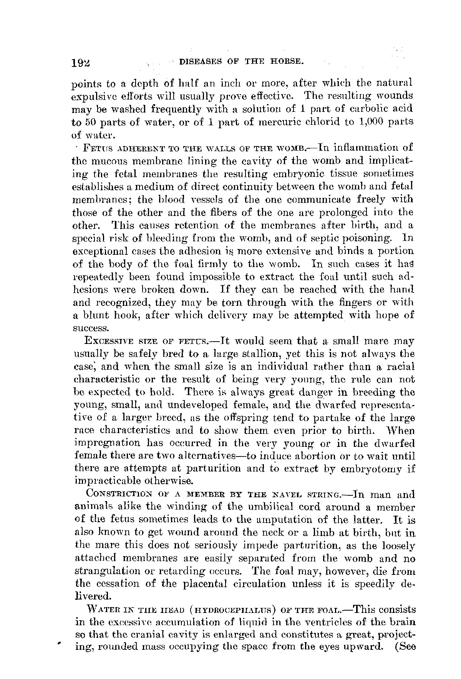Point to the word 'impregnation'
[101, 444]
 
